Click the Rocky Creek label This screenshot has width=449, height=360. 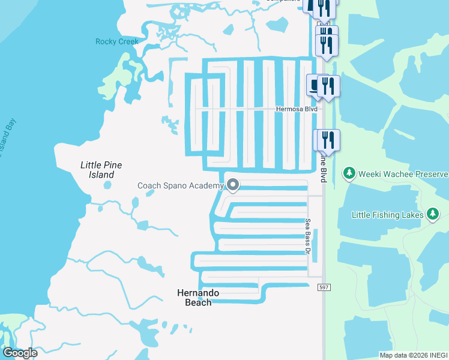point(117,41)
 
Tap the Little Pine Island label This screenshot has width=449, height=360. point(101,170)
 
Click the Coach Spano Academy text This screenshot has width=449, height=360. point(181,185)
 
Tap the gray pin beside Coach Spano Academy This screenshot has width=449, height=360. point(233,185)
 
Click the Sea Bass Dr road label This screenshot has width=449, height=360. point(308,236)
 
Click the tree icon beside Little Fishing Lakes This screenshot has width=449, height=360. point(433,214)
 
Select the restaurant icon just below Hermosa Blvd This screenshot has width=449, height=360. point(328,140)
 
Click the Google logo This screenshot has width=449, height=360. point(20,353)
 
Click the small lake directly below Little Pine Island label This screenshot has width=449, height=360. point(107,185)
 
